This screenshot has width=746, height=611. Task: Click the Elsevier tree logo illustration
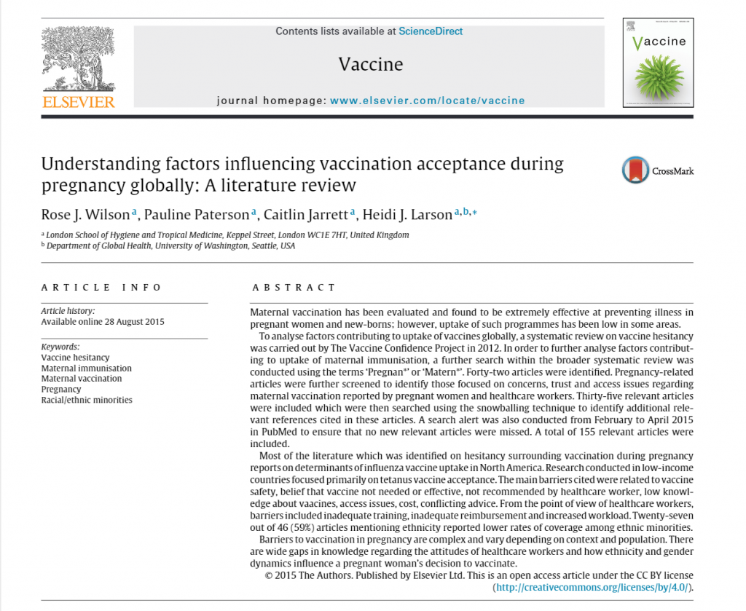coord(78,58)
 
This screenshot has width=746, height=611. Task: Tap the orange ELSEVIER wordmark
coord(79,102)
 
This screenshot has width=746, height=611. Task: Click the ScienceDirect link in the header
coord(431,31)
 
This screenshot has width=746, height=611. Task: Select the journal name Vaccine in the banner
coord(370,64)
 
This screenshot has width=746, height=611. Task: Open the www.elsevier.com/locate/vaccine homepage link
coord(427,100)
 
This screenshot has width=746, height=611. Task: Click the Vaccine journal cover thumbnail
coord(658,63)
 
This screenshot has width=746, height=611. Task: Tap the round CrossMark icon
coord(635,170)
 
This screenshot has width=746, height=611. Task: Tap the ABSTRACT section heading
coord(294,288)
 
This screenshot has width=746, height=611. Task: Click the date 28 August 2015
coord(133,322)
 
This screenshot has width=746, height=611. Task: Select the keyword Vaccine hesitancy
coord(75,358)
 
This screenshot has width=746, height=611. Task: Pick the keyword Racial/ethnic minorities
coord(87,400)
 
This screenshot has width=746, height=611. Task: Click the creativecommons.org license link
coord(592,587)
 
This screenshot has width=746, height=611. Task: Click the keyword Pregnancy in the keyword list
coord(61,390)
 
